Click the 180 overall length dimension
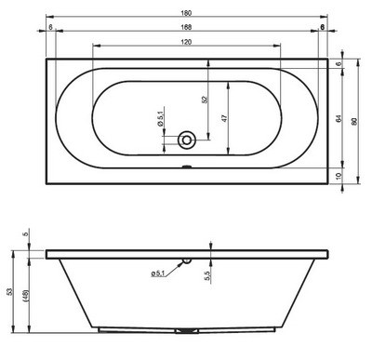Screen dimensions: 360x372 coord(186,11)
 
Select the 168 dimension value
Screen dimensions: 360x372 coord(186,27)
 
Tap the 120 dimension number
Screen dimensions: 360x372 coord(186,43)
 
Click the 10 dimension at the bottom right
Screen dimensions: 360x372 coord(339,175)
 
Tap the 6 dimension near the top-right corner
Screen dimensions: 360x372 coord(339,64)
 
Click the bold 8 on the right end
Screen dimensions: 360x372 coord(322,28)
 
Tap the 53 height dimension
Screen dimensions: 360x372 coord(10,291)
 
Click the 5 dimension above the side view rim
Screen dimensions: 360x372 coord(26,233)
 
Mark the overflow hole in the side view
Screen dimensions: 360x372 coord(186,261)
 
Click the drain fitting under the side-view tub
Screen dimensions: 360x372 coord(187,330)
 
